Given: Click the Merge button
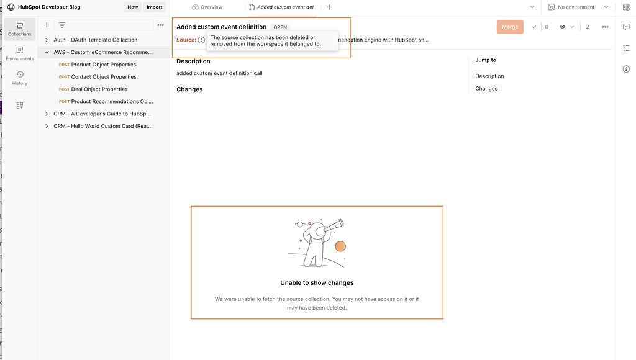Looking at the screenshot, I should click(509, 27).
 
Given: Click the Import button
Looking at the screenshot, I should click(154, 7).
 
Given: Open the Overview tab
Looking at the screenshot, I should click(207, 7).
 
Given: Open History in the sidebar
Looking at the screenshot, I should click(20, 77).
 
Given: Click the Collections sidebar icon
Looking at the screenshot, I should click(20, 28).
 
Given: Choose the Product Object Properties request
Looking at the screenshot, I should click(103, 65).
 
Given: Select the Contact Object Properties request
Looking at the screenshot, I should click(103, 77).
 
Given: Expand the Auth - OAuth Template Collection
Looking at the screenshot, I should click(95, 40).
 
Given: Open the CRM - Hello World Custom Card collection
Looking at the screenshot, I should click(102, 126).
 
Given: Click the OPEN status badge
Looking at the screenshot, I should click(280, 27).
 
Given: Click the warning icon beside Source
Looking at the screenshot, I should click(201, 40).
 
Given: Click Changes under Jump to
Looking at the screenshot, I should click(486, 89).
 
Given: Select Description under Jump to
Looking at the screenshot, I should click(489, 76).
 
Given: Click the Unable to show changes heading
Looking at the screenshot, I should click(317, 283).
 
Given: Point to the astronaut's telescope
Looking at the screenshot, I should click(334, 225).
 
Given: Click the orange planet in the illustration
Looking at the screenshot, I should click(340, 247).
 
